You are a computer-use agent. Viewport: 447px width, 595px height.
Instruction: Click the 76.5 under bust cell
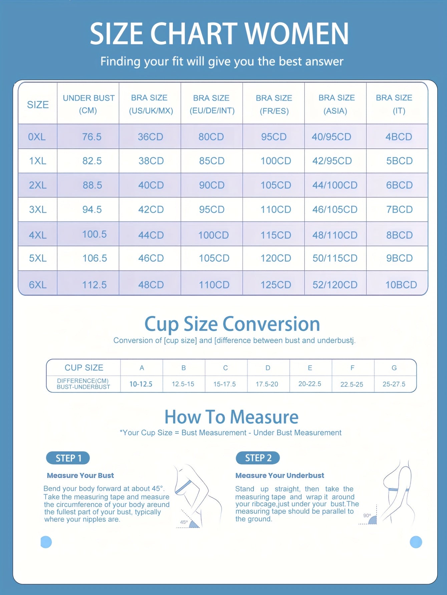pyautogui.click(x=92, y=137)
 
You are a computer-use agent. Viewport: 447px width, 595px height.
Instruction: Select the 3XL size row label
pyautogui.click(x=38, y=210)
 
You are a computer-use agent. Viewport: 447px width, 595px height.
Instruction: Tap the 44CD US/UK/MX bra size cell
pyautogui.click(x=151, y=235)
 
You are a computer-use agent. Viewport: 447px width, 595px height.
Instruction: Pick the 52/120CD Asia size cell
pyautogui.click(x=335, y=285)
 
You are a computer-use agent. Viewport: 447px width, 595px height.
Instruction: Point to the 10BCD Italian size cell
pyautogui.click(x=401, y=285)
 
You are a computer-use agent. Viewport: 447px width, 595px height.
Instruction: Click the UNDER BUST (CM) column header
pyautogui.click(x=88, y=104)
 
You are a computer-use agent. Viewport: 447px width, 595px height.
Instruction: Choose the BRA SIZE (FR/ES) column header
pyautogui.click(x=274, y=104)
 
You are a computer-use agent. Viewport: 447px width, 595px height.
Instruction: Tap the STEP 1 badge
pyautogui.click(x=68, y=458)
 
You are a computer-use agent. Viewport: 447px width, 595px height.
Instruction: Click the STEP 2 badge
pyautogui.click(x=258, y=458)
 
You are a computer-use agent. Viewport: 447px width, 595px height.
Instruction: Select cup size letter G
pyautogui.click(x=394, y=368)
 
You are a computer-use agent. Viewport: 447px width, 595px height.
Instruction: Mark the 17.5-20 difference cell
pyautogui.click(x=267, y=384)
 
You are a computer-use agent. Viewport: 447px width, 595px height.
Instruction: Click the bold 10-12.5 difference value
pyautogui.click(x=141, y=384)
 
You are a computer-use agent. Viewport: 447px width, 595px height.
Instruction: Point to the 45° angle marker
pyautogui.click(x=184, y=522)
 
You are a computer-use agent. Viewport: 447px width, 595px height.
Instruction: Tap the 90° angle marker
pyautogui.click(x=367, y=516)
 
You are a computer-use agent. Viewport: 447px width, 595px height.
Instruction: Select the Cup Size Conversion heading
pyautogui.click(x=232, y=324)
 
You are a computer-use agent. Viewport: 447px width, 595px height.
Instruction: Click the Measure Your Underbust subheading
pyautogui.click(x=280, y=476)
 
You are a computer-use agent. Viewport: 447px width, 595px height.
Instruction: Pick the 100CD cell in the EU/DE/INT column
pyautogui.click(x=213, y=235)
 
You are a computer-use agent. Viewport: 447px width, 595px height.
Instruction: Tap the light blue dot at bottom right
pyautogui.click(x=416, y=542)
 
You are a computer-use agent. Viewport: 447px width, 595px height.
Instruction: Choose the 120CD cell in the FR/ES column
pyautogui.click(x=276, y=258)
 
